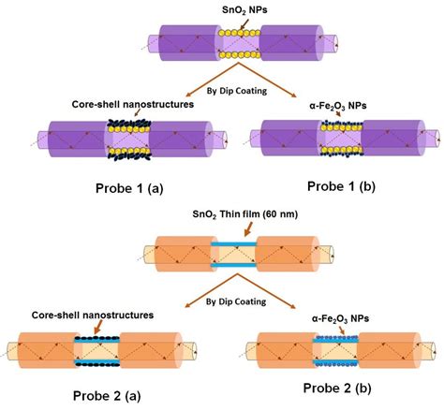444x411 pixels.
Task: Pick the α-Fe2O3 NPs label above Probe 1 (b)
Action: (339, 106)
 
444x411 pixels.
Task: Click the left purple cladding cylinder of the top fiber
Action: (173, 43)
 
